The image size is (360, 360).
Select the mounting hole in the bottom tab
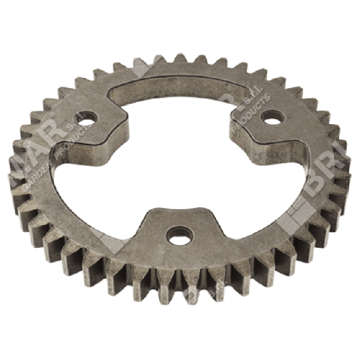[x=176, y=235]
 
